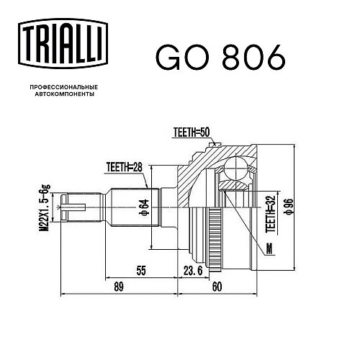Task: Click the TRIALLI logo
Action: pos(63,44)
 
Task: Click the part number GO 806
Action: pos(220,58)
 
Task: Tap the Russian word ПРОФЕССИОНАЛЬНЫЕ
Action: pos(64,87)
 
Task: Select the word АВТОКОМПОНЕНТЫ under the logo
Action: pos(65,94)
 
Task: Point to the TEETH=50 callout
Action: pos(192,132)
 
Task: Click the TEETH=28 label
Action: pos(125,167)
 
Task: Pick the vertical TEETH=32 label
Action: pos(271,214)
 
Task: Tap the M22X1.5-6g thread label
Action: pos(45,207)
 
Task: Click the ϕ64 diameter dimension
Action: pos(145,207)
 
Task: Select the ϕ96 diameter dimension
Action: pos(289,206)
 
